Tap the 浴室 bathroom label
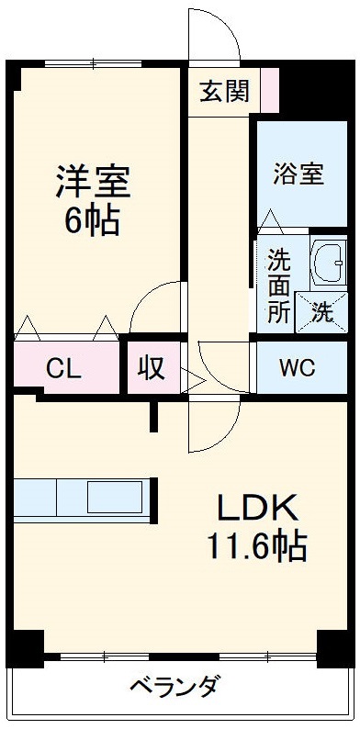(x=299, y=174)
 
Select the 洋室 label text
(x=93, y=181)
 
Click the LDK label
(x=258, y=508)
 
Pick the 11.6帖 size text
(x=256, y=548)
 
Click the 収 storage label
(x=152, y=367)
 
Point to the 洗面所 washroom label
(x=278, y=285)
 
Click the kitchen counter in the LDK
(x=81, y=498)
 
